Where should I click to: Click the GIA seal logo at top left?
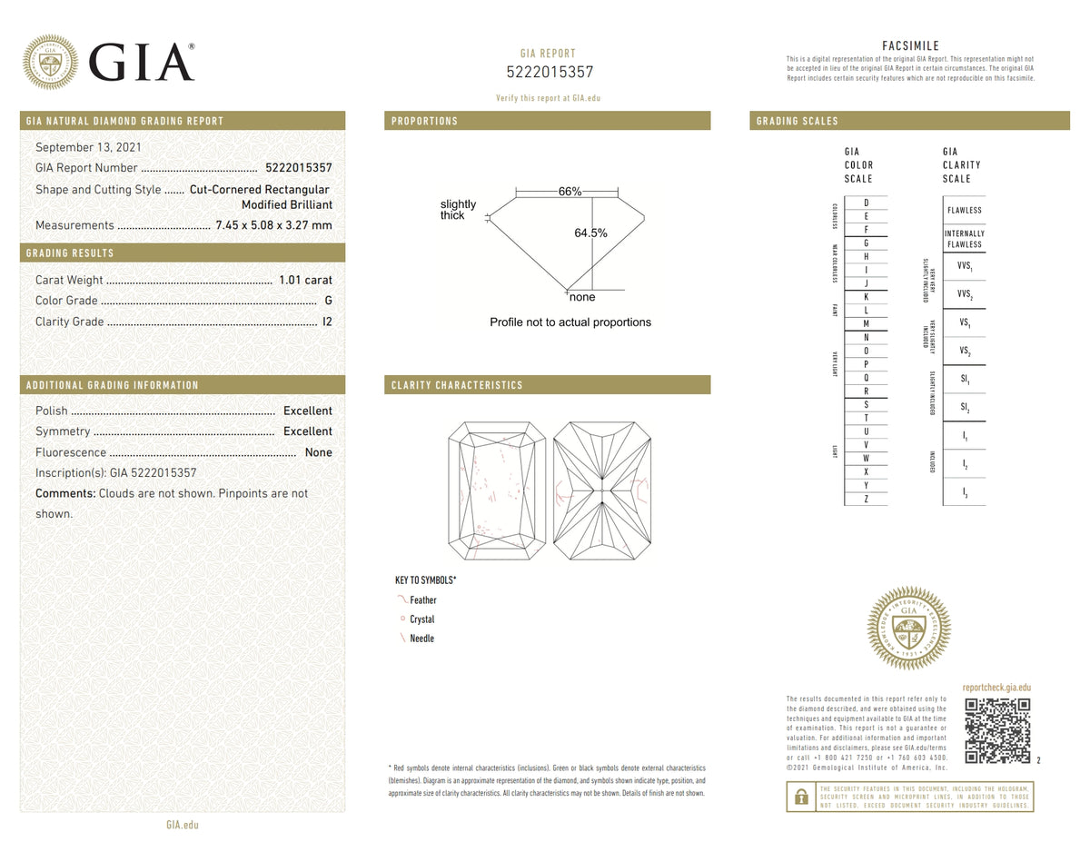[x=50, y=62]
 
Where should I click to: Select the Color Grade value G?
[x=328, y=301]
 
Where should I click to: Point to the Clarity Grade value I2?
[x=327, y=322]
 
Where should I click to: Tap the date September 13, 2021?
[x=88, y=146]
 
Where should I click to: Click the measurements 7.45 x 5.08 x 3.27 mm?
[x=273, y=225]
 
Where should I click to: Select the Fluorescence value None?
[x=318, y=452]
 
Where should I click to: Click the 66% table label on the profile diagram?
[x=570, y=192]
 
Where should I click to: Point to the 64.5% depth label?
[x=590, y=233]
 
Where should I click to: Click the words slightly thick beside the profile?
[x=458, y=210]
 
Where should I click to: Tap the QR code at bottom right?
[x=996, y=730]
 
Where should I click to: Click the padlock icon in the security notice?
[x=801, y=797]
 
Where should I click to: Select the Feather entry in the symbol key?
[x=422, y=600]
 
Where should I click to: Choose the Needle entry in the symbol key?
[x=421, y=639]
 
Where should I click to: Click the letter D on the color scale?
[x=866, y=203]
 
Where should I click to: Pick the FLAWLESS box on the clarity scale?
[x=964, y=210]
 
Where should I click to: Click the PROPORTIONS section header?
[x=424, y=121]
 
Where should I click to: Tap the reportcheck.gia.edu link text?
[x=996, y=688]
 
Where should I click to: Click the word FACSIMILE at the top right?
[x=910, y=46]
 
